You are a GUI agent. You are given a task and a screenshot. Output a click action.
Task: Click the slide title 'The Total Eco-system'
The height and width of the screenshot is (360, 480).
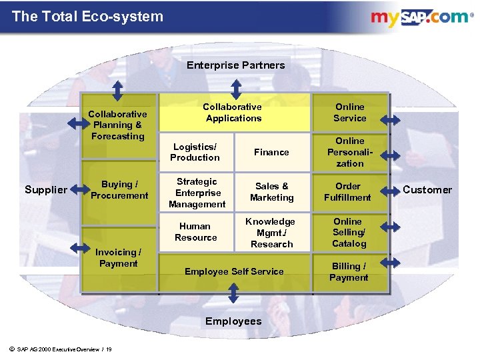[87, 17]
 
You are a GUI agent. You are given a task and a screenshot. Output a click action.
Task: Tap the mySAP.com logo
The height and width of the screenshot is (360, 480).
[420, 17]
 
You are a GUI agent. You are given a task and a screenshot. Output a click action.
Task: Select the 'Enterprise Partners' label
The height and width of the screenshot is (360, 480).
[235, 65]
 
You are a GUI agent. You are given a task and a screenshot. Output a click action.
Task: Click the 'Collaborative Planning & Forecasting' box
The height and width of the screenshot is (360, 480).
[118, 125]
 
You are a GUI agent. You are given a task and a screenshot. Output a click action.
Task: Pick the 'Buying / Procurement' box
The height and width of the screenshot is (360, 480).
[119, 189]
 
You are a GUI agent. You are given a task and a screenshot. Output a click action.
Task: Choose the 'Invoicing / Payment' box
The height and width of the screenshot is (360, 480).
[118, 258]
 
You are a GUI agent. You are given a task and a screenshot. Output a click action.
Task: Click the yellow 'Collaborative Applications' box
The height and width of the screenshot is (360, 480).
[233, 112]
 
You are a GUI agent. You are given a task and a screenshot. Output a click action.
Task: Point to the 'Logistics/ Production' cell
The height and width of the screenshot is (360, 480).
[195, 152]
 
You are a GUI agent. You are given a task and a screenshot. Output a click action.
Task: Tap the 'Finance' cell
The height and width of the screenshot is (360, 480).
[271, 152]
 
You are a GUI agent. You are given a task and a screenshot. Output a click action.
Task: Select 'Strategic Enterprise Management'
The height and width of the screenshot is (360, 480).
[197, 193]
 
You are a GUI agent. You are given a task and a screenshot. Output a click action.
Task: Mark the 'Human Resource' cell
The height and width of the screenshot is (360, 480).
[195, 231]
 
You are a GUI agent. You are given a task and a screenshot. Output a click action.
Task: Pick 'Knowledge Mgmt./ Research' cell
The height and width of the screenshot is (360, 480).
[271, 232]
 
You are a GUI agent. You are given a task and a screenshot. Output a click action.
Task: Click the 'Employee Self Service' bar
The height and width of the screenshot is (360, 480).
[234, 271]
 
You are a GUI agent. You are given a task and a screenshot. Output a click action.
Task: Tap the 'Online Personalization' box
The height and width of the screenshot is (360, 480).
[350, 152]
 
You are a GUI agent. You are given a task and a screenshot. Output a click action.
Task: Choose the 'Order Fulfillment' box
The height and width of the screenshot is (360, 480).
[348, 191]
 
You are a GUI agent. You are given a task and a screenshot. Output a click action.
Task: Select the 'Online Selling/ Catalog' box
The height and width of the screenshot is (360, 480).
[349, 232]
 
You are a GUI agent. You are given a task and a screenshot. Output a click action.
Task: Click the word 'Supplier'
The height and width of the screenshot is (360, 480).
[46, 190]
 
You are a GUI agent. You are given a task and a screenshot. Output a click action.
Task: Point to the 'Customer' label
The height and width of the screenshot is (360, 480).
[427, 190]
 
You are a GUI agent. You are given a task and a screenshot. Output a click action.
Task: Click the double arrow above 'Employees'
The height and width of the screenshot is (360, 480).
[234, 294]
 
